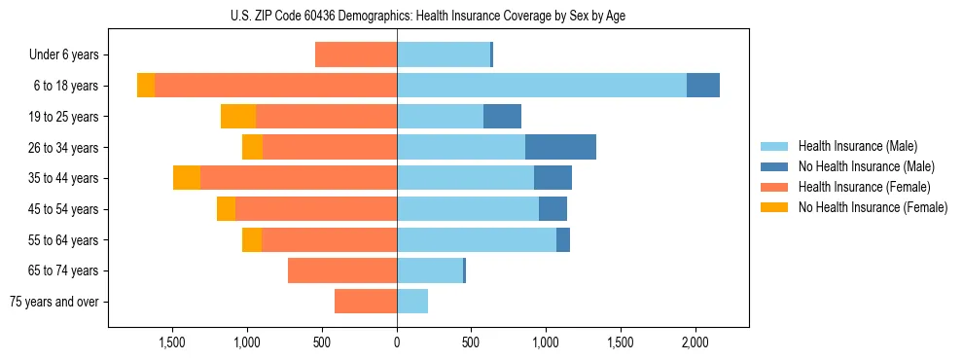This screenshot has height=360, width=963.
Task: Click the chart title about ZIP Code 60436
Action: click(x=428, y=16)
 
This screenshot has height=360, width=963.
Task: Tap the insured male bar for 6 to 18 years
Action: click(x=541, y=86)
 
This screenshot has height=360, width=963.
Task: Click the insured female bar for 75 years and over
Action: click(x=366, y=302)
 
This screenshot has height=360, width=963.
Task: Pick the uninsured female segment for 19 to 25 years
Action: click(x=238, y=117)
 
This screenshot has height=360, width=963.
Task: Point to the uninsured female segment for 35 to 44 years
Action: click(x=187, y=178)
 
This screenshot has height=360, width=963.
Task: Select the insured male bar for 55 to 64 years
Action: click(x=477, y=239)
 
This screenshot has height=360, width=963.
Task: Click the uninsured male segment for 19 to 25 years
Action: click(x=502, y=117)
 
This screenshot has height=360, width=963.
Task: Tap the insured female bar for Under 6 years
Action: click(x=356, y=55)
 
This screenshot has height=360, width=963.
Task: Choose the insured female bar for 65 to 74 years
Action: click(x=342, y=270)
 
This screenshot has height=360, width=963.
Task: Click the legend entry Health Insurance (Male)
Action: click(x=857, y=147)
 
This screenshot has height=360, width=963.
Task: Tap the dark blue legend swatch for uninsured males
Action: click(x=774, y=166)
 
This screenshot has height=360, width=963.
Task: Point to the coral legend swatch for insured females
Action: click(x=774, y=187)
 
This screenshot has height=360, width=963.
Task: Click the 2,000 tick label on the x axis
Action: click(x=695, y=342)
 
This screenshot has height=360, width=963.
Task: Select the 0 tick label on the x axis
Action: click(x=397, y=342)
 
